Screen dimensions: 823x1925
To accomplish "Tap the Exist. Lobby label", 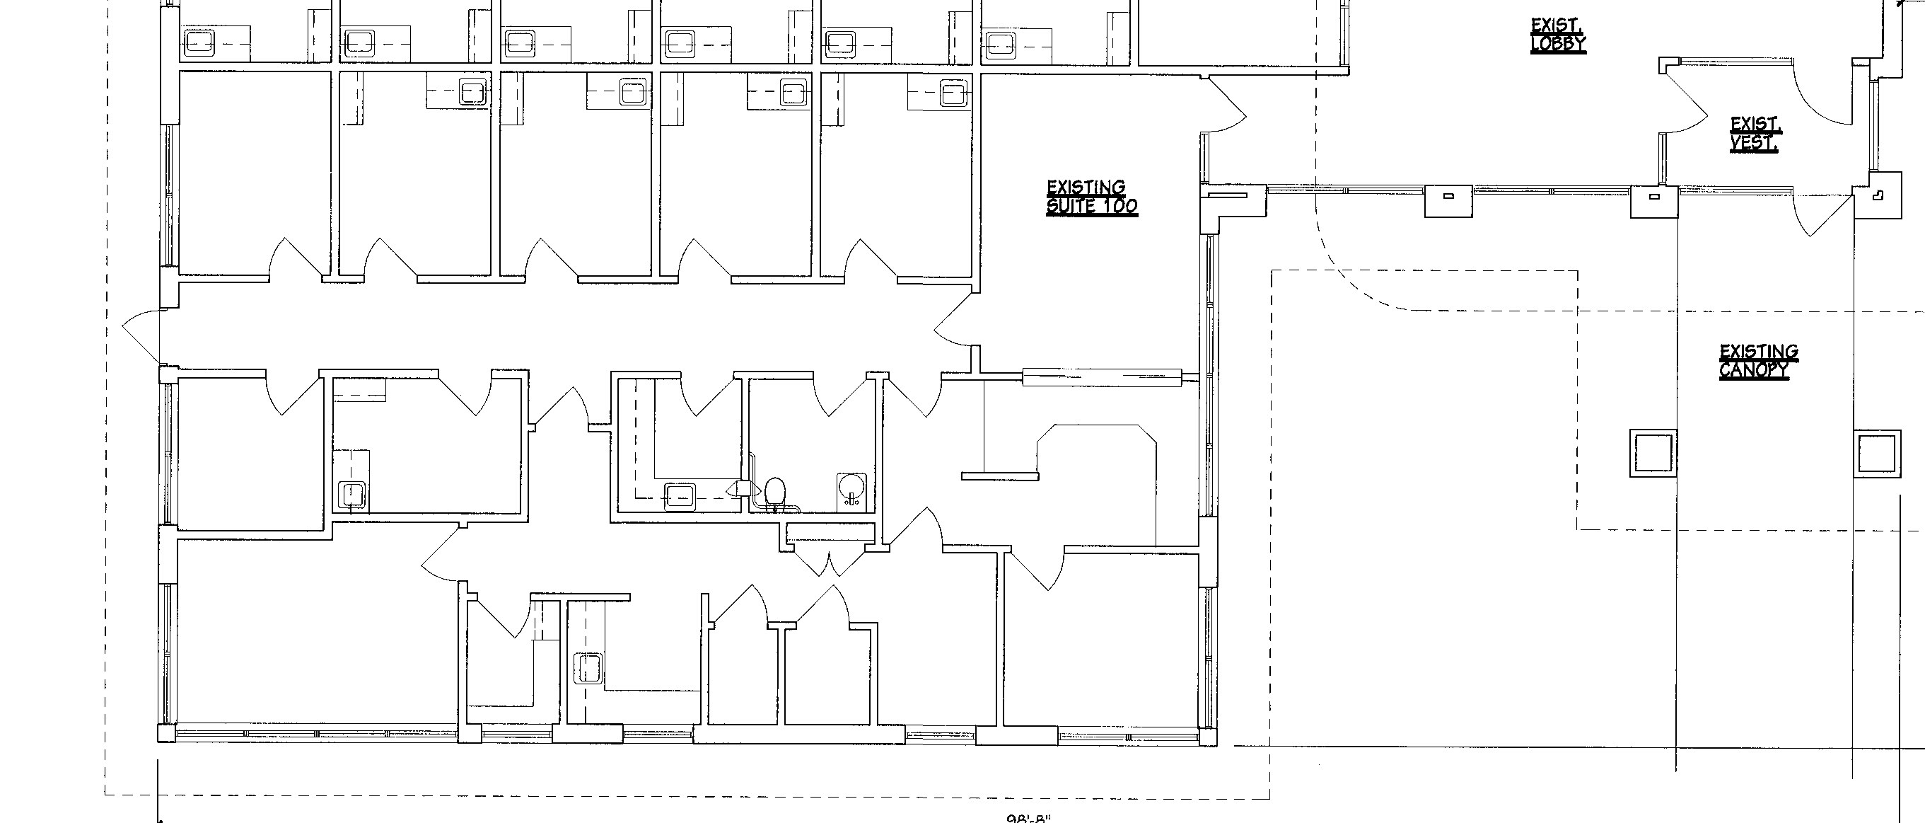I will pos(1557,35).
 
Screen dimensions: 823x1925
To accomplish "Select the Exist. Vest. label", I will pos(1755,134).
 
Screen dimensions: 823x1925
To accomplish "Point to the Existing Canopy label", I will pos(1757,361).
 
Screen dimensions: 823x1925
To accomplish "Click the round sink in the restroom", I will pos(851,488).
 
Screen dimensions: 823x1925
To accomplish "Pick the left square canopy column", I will pos(1652,453).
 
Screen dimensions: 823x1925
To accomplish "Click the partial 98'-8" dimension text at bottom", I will pos(1029,818).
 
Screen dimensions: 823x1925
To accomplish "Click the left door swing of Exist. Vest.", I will pos(1685,105).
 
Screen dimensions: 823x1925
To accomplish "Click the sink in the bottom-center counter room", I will pos(589,667).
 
